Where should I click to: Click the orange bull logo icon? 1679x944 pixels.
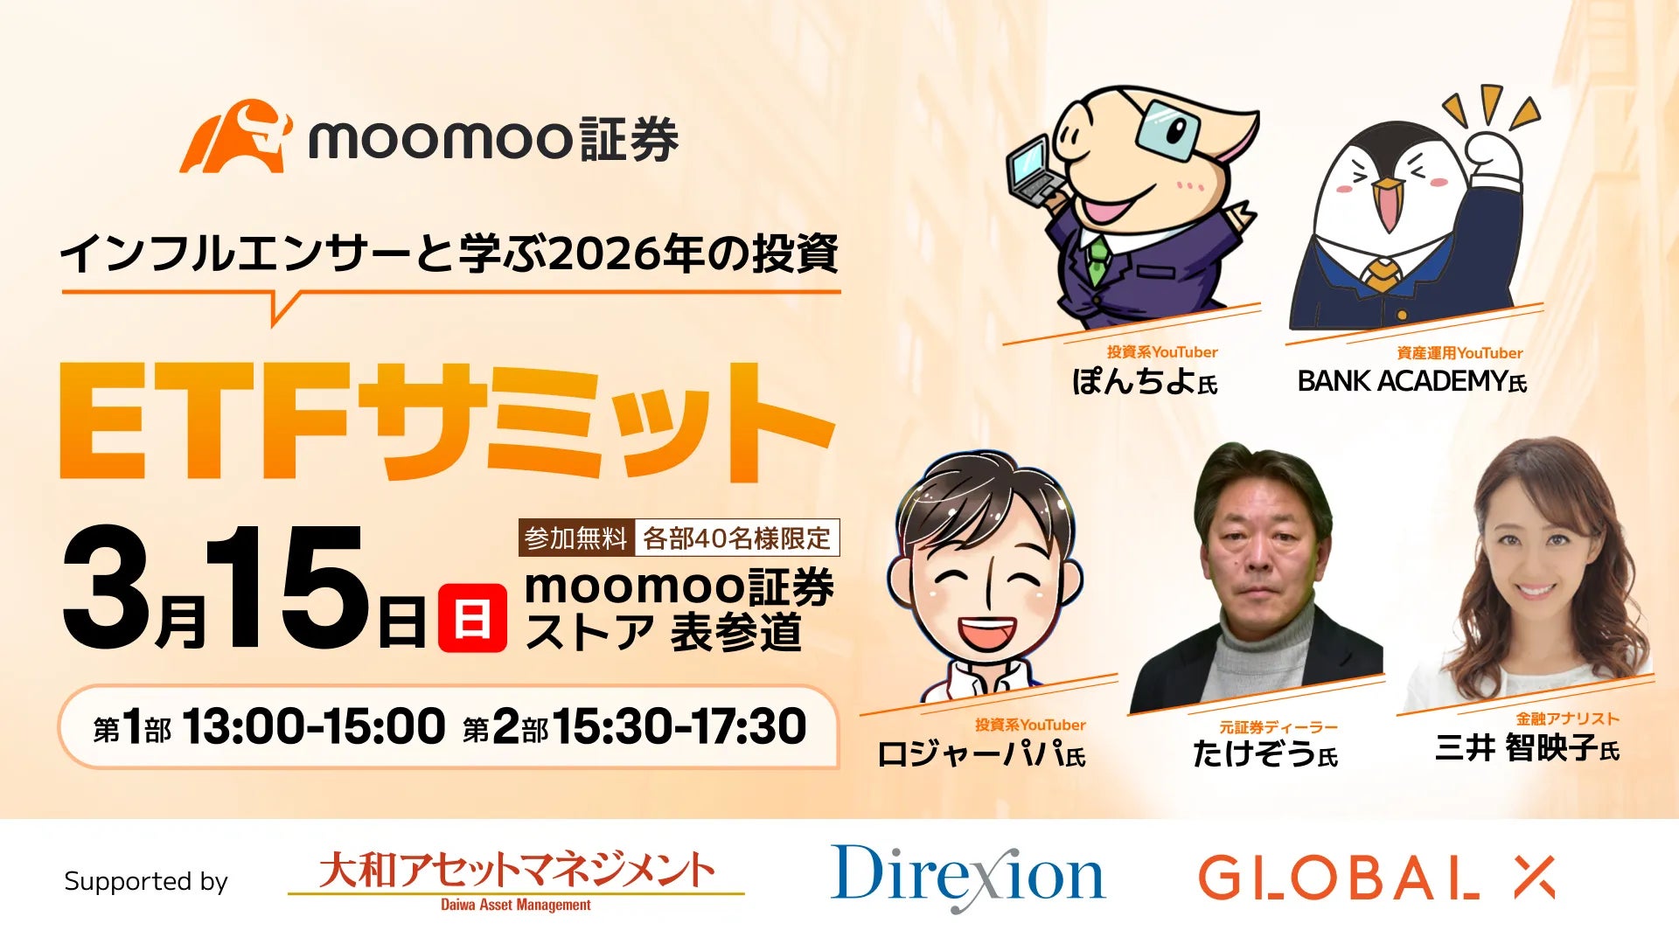(234, 136)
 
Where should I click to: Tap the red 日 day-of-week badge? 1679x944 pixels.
(472, 619)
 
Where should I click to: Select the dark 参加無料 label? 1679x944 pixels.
(576, 538)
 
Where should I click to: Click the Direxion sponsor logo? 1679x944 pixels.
(967, 876)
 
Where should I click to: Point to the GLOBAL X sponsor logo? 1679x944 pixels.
(1376, 878)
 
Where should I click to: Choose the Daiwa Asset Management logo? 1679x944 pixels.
(516, 878)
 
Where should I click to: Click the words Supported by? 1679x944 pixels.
(145, 881)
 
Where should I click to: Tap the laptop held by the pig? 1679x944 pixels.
(1035, 173)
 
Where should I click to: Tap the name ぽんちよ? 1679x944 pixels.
(1133, 381)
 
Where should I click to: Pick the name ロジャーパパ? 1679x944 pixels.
(970, 753)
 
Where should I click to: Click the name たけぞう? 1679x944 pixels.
(1254, 753)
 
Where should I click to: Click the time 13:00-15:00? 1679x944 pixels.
(313, 727)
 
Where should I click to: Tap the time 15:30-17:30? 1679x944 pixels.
(679, 727)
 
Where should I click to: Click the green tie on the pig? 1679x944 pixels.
(1097, 259)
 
